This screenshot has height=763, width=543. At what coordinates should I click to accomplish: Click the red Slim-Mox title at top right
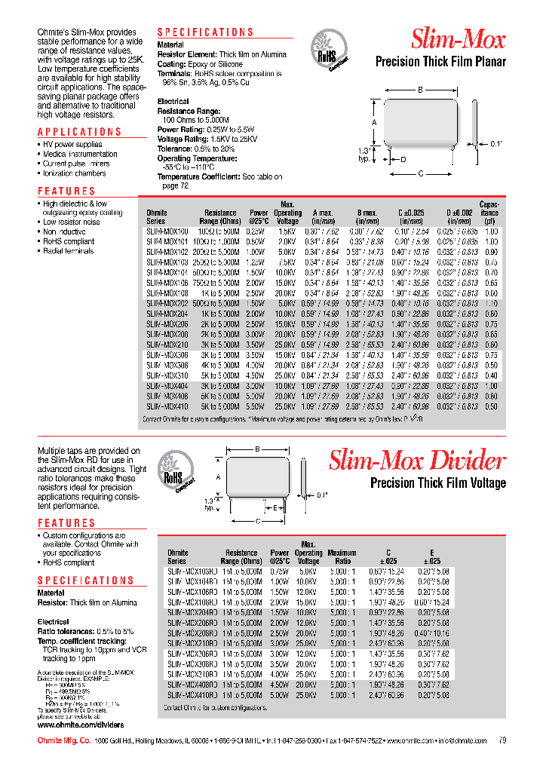click(x=458, y=39)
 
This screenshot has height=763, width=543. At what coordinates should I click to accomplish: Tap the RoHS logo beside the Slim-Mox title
click(x=328, y=52)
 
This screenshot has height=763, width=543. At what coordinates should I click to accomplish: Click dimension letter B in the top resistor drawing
click(x=419, y=90)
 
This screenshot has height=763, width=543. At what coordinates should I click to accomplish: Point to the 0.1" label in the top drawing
click(x=495, y=142)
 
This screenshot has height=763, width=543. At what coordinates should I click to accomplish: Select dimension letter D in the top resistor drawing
click(x=403, y=159)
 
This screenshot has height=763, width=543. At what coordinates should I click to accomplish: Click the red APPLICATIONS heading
click(x=79, y=132)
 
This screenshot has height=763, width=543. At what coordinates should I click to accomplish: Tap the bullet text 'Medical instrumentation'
click(x=80, y=154)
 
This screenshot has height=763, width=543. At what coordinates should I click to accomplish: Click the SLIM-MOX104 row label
click(x=167, y=271)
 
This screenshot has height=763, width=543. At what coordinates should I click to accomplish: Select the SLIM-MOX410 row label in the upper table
click(x=167, y=406)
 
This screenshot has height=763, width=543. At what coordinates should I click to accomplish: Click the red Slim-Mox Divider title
click(x=417, y=461)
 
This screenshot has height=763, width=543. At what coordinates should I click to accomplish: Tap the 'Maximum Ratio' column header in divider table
click(x=342, y=557)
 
